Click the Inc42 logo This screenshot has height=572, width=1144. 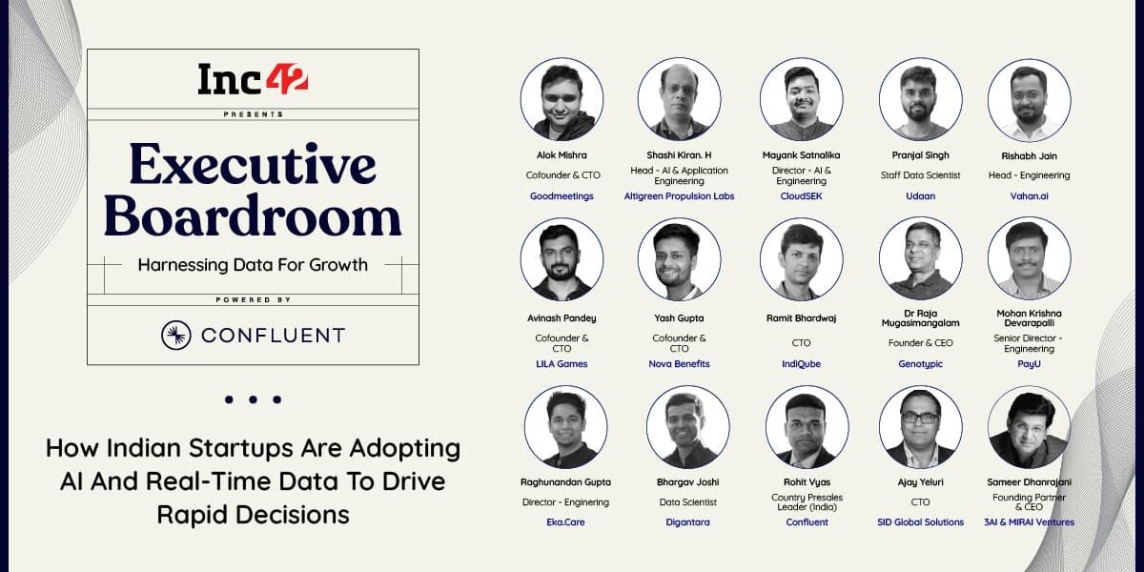point(253,78)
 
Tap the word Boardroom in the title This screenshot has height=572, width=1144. point(253,216)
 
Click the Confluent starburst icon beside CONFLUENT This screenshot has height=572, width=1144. point(176,335)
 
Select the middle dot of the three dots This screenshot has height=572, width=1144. point(253,399)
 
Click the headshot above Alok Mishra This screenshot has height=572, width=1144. point(562,99)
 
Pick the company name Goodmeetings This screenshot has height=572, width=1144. point(562,196)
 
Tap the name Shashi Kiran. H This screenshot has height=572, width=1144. point(679,154)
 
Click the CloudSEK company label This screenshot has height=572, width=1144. point(802,196)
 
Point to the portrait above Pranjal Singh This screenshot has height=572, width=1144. point(920,99)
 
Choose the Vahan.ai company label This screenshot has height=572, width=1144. point(1029,196)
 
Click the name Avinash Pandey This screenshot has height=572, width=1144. point(562,318)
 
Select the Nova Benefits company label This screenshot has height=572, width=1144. point(679,364)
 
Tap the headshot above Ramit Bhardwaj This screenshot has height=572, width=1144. point(802,259)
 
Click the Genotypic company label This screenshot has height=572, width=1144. point(920,364)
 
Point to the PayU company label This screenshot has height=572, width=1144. point(1029,364)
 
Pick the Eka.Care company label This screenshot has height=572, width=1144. point(565,522)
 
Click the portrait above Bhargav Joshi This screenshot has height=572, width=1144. point(687,427)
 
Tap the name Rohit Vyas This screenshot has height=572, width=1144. point(807,482)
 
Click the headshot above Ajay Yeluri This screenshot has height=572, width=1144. point(920,427)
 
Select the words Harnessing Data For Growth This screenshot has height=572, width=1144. point(253,265)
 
